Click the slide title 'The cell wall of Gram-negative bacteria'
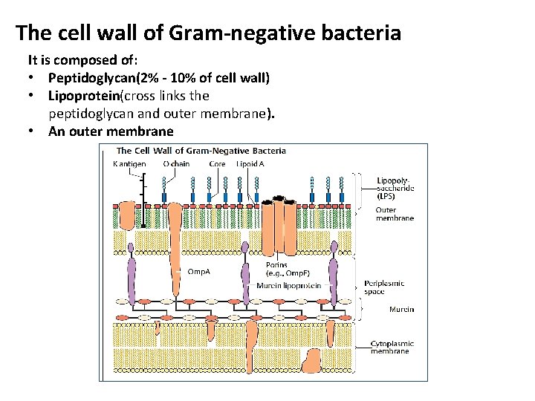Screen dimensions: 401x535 point(208,33)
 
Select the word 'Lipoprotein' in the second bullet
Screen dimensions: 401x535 point(83,96)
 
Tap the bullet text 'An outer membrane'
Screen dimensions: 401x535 point(111,131)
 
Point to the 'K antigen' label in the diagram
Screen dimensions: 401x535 point(129,164)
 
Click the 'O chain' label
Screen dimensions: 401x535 point(176,164)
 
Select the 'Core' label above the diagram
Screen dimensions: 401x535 point(217,164)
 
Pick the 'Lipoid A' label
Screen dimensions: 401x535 point(250,164)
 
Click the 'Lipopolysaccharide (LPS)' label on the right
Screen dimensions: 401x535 point(395,189)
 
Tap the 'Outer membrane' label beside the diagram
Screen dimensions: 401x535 point(395,214)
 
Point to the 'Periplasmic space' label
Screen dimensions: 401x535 point(384,287)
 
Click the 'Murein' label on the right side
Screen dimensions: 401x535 point(401,309)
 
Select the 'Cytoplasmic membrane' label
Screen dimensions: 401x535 point(392,347)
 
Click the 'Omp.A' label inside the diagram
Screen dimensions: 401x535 point(198,272)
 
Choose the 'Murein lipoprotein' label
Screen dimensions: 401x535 point(288,285)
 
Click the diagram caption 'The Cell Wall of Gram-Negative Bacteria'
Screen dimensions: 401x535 point(201,151)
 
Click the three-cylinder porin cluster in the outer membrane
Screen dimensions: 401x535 point(281,223)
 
